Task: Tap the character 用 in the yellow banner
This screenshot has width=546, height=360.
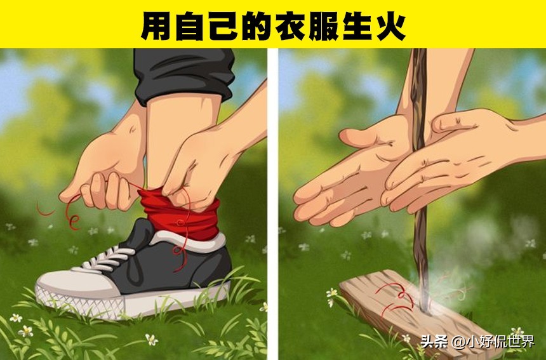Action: pos(156,25)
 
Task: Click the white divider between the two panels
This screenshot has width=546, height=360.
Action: pos(272,203)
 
